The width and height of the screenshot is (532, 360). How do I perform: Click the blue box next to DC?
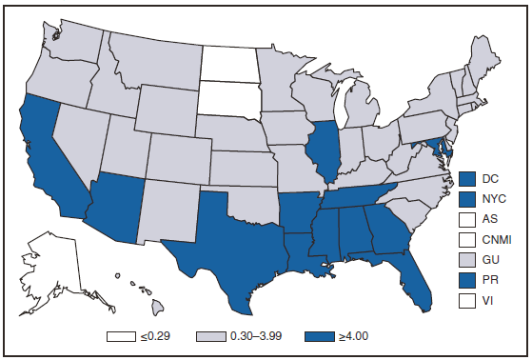[x=466, y=178]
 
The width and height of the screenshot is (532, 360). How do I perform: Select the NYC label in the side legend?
[x=493, y=199]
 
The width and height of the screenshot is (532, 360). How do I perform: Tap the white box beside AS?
[x=466, y=219]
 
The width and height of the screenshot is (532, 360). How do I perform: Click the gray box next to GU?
[x=466, y=260]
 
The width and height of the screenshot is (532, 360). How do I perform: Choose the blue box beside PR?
[x=466, y=280]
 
